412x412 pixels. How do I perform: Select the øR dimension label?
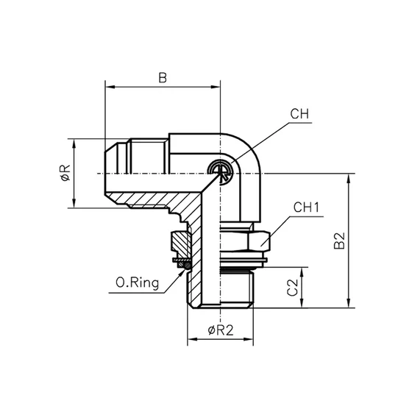pyautogui.click(x=65, y=174)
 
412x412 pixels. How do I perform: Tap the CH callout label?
pyautogui.click(x=298, y=115)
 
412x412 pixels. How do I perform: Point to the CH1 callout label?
pyautogui.click(x=305, y=208)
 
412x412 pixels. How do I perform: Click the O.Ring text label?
pyautogui.click(x=138, y=282)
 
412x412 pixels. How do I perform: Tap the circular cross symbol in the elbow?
pyautogui.click(x=221, y=171)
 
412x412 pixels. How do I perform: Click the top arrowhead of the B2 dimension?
pyautogui.click(x=351, y=177)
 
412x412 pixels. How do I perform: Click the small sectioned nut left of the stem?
pyautogui.click(x=179, y=241)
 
